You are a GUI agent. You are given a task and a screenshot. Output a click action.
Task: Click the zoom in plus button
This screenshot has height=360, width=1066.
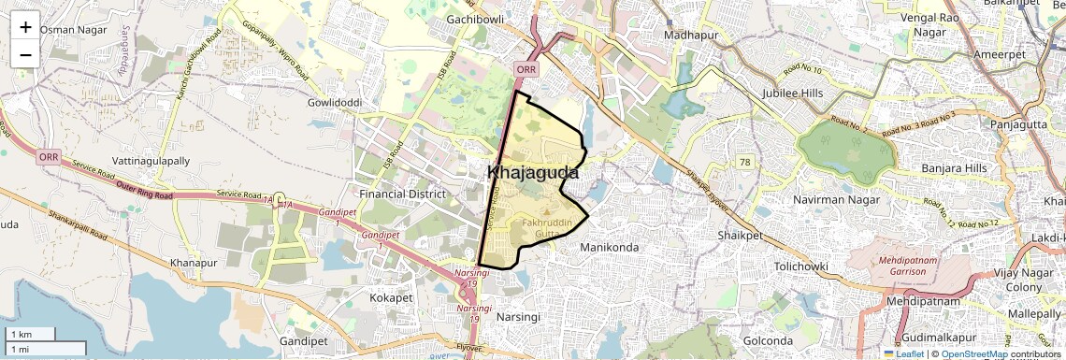(x=25, y=26)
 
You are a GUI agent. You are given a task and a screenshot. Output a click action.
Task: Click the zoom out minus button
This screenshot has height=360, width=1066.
(x=25, y=54)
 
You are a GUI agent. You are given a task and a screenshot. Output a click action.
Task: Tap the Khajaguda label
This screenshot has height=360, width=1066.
(x=533, y=173)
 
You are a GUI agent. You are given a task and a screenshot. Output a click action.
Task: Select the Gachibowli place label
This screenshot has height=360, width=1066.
(x=476, y=19)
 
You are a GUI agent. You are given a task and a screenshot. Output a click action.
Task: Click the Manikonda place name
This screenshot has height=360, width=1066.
(x=609, y=247)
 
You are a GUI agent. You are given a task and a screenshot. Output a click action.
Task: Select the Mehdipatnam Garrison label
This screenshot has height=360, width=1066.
(x=902, y=265)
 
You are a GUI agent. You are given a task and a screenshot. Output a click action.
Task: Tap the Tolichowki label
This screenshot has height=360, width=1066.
(x=775, y=266)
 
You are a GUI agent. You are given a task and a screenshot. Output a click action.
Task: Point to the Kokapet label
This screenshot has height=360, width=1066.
(x=392, y=297)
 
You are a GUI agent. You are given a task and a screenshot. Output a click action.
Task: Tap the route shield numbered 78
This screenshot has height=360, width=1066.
(x=744, y=163)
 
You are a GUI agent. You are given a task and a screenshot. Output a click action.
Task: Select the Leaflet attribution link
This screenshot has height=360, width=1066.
(x=903, y=354)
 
